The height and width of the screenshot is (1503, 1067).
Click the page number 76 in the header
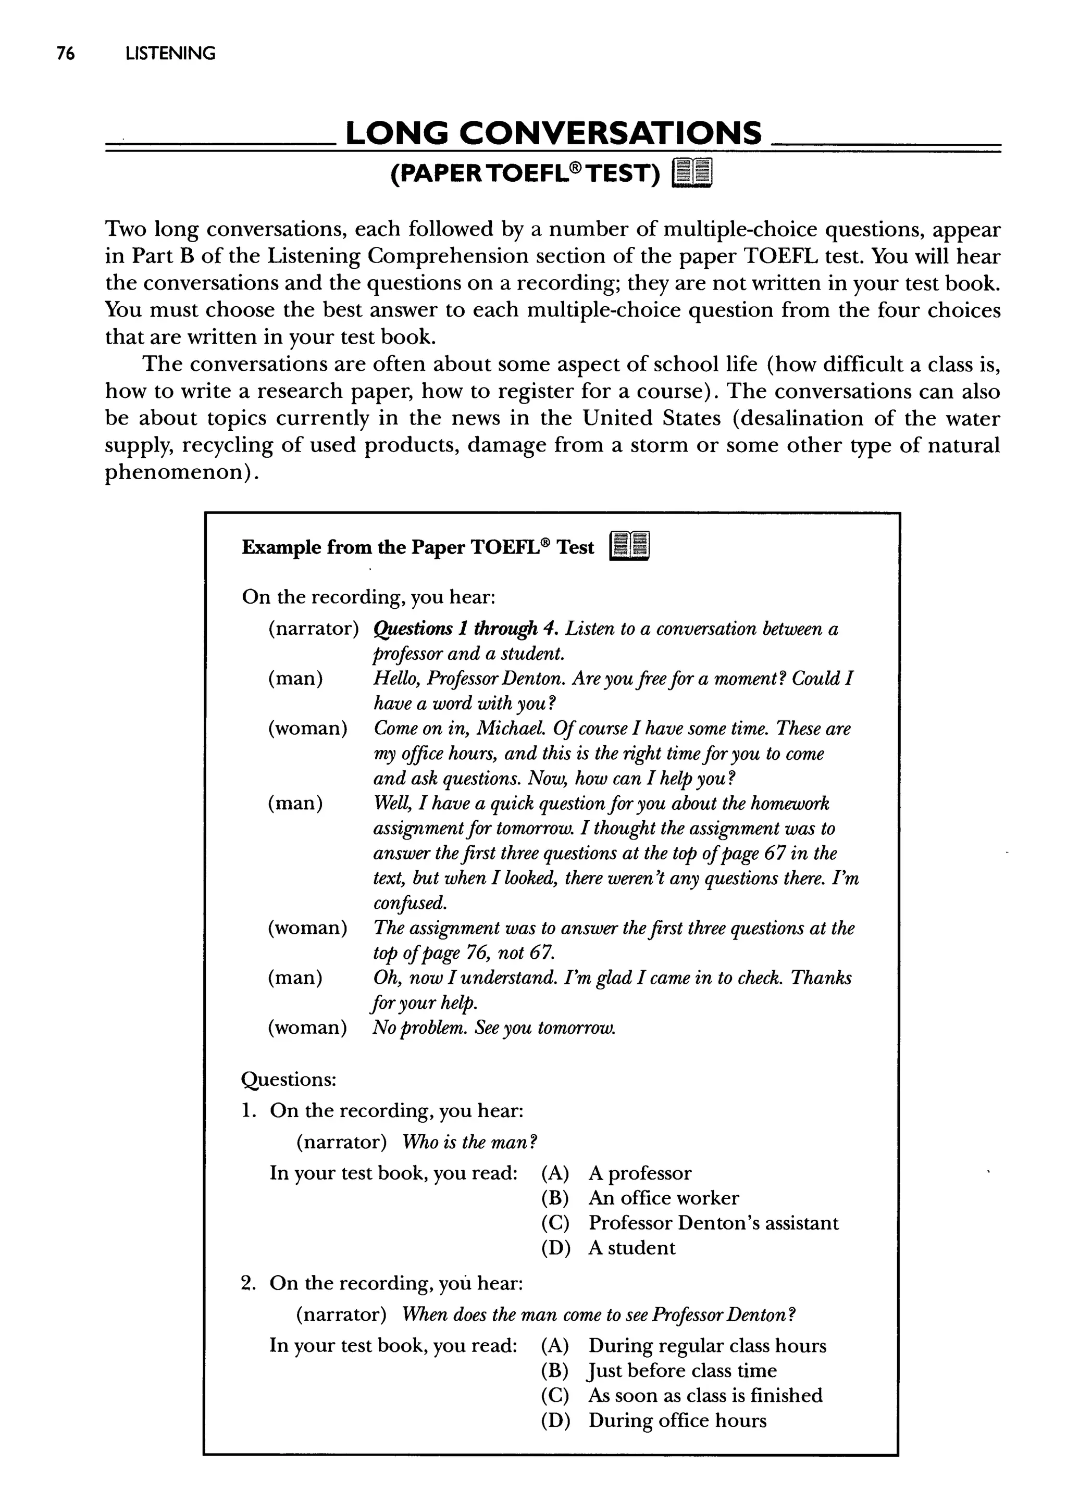[x=66, y=54]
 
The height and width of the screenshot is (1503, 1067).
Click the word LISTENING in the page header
[x=170, y=54]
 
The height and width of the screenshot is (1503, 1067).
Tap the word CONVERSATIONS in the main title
[x=610, y=134]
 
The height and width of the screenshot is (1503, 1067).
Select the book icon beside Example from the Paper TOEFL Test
[x=629, y=547]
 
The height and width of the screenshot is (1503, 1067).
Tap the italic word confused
[x=410, y=904]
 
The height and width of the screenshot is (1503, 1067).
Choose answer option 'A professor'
[x=639, y=1173]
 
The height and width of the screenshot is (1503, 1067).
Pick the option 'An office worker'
[x=663, y=1198]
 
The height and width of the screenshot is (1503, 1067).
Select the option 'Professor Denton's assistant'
[x=713, y=1223]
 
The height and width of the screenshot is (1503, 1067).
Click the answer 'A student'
[x=631, y=1248]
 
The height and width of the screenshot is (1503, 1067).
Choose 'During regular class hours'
[x=707, y=1346]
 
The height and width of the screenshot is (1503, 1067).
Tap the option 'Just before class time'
[x=682, y=1371]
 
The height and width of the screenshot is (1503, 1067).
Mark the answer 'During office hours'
[x=677, y=1421]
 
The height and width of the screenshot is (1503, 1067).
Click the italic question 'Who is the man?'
[x=470, y=1143]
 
